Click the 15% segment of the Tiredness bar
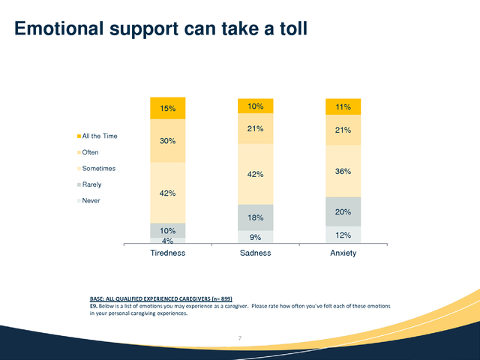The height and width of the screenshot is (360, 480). [168, 108]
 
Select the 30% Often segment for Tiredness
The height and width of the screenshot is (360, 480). [168, 141]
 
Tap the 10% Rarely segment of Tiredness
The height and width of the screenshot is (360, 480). [168, 230]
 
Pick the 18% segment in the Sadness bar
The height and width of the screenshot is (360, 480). [256, 217]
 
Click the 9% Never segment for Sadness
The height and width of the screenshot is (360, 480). [256, 237]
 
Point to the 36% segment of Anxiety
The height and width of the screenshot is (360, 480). [343, 171]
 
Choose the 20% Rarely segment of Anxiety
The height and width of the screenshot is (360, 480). [343, 211]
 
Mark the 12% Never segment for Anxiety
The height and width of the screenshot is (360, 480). [343, 235]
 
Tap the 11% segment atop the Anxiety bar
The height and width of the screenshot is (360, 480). [343, 106]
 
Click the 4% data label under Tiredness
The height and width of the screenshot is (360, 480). [168, 241]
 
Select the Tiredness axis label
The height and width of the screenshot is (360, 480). [168, 253]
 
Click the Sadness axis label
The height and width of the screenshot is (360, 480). [256, 253]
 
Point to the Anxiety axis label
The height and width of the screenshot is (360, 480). [343, 253]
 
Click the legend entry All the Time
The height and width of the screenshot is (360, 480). [97, 136]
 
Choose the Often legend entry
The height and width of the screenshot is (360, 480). [88, 152]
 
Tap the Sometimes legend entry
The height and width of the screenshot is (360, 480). [96, 168]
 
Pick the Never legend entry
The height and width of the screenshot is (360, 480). [88, 201]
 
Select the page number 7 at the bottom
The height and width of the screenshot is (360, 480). [240, 338]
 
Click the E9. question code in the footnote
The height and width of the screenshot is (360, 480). [94, 306]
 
